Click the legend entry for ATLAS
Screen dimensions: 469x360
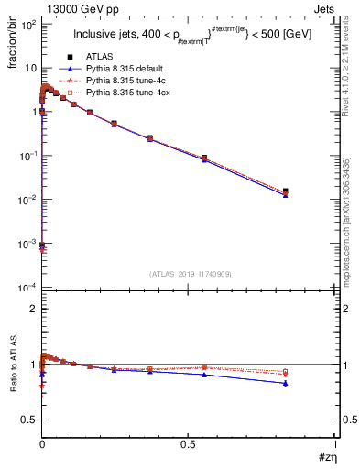99,58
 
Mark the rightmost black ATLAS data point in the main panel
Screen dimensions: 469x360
286,191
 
